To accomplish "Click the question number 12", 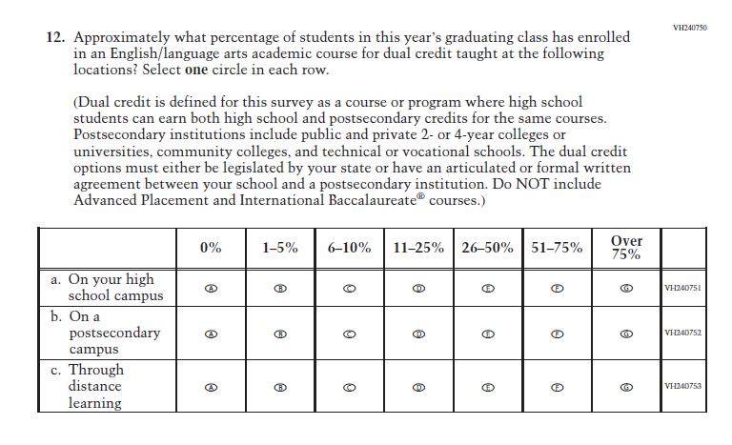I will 56,37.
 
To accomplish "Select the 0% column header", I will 211,248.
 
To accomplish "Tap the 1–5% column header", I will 280,248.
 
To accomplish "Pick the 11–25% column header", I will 418,248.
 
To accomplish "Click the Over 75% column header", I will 626,248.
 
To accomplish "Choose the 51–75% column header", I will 557,248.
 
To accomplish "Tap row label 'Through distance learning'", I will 94,386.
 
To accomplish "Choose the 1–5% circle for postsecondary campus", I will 280,334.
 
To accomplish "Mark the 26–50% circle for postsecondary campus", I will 488,334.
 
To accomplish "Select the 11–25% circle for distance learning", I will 418,387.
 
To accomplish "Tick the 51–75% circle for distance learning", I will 558,387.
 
